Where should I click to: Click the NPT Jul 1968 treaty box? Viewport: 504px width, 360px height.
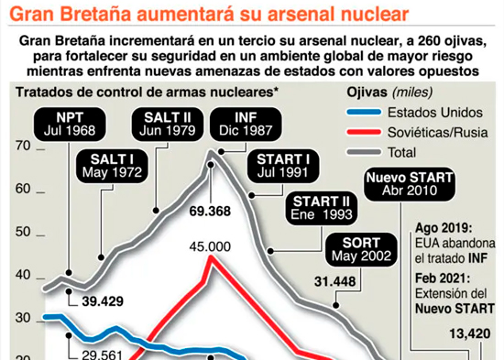(70, 124)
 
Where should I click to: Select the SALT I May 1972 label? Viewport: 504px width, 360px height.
(112, 166)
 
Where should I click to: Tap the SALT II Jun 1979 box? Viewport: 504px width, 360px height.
(168, 124)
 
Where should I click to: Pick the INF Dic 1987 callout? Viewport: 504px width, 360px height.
(246, 124)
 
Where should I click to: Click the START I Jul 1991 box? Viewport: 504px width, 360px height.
(283, 166)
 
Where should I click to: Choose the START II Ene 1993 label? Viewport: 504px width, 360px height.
(322, 208)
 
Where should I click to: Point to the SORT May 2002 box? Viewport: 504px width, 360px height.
(361, 250)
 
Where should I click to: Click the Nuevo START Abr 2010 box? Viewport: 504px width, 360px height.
(410, 184)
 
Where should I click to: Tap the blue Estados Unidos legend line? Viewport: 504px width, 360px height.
(364, 113)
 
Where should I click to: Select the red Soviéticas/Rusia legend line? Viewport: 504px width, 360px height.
(364, 132)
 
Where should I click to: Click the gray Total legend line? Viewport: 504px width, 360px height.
(364, 152)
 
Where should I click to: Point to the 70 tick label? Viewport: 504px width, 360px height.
(23, 146)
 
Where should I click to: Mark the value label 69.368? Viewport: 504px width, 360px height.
(210, 212)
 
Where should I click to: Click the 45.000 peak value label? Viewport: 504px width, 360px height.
(210, 246)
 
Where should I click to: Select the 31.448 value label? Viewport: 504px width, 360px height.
(334, 281)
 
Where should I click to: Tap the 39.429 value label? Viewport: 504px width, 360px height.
(103, 301)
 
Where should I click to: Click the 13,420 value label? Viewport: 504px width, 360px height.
(469, 333)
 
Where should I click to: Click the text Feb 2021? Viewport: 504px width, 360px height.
(443, 278)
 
